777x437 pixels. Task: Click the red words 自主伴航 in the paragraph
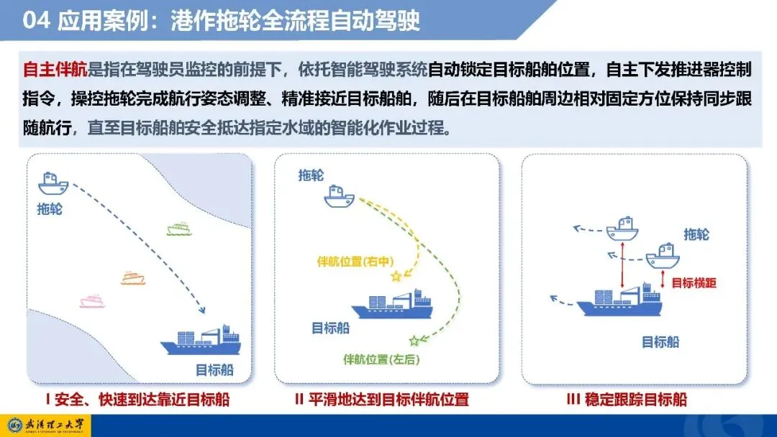(x=55, y=70)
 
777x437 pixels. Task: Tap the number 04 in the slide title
(x=36, y=21)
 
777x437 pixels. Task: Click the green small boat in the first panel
(x=179, y=229)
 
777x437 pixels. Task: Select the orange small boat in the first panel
(x=133, y=278)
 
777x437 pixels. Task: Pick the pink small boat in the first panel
(x=92, y=301)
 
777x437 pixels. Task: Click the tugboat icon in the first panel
(x=53, y=183)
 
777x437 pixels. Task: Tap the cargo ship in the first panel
(x=201, y=340)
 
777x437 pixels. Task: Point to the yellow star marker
(x=396, y=276)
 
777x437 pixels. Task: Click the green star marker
(x=414, y=341)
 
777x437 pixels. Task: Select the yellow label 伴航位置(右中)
(x=355, y=262)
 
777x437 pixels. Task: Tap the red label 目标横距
(x=694, y=283)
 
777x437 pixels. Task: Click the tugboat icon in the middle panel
(x=340, y=196)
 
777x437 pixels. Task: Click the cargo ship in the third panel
(x=620, y=300)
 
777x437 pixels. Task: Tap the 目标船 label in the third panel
(x=660, y=342)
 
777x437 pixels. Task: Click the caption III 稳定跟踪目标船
(x=627, y=400)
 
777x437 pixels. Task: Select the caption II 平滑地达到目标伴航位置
(x=381, y=400)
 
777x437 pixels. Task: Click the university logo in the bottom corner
(x=45, y=425)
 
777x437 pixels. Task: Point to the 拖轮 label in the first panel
(x=50, y=209)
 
